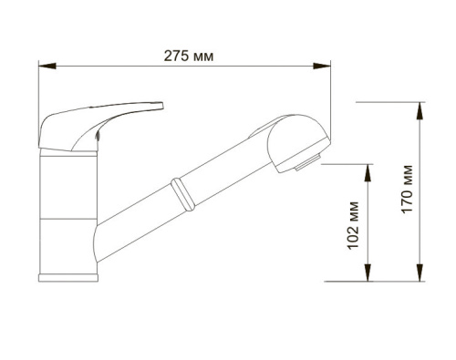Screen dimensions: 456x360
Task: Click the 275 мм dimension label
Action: click(189, 57)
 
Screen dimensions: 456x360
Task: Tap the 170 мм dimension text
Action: click(407, 189)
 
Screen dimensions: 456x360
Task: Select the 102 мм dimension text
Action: click(353, 225)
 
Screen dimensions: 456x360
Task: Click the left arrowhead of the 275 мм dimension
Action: click(47, 66)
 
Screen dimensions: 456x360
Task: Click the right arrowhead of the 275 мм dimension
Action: click(322, 66)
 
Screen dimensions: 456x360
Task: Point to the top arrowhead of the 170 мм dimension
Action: click(420, 111)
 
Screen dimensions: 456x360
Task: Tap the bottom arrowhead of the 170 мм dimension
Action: click(420, 273)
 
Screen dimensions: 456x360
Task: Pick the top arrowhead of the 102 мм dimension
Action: click(368, 173)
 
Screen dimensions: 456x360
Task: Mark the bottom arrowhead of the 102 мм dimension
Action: click(368, 273)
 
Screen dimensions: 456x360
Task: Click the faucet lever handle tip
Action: click(161, 106)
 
